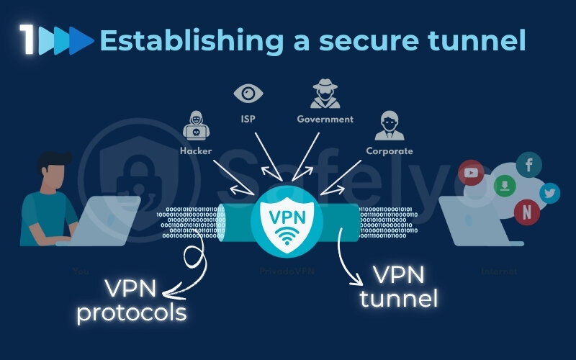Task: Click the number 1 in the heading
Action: [28, 40]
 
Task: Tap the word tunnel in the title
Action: [480, 40]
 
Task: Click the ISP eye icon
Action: [248, 94]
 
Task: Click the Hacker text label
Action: [195, 151]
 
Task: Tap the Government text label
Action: [325, 119]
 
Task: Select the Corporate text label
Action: [390, 151]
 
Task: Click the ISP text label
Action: [248, 119]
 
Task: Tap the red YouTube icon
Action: [472, 172]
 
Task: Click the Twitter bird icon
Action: [550, 192]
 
